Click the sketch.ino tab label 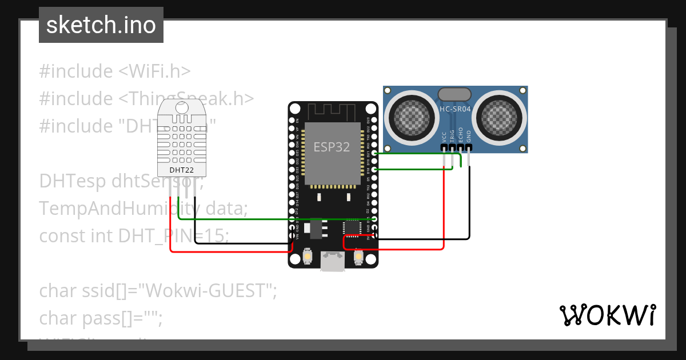tap(101, 25)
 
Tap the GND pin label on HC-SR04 tap(469, 137)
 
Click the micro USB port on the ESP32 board tap(332, 261)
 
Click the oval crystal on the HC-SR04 tap(454, 94)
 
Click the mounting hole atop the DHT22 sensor tap(181, 107)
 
